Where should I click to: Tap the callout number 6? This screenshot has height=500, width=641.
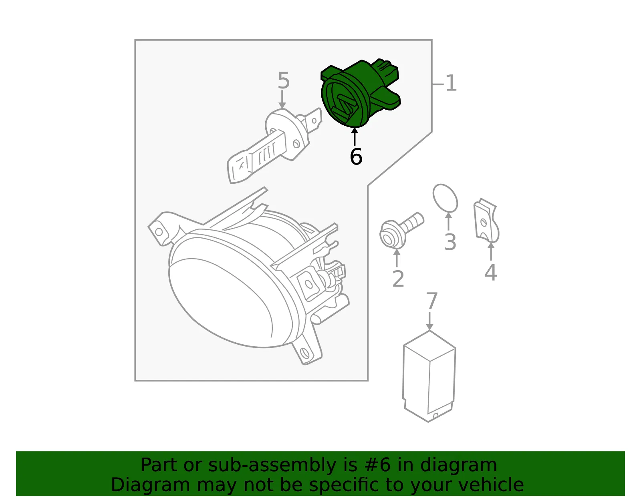tap(356, 157)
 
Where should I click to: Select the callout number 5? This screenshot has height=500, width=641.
tap(284, 80)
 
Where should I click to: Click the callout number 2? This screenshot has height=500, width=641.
tap(398, 279)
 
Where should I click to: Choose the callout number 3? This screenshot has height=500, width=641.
tap(450, 242)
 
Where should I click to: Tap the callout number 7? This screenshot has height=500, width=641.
tap(431, 301)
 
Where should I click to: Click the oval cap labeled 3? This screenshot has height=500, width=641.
tap(445, 198)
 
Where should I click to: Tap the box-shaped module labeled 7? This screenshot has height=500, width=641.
tap(429, 376)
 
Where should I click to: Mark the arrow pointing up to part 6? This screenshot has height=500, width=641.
tap(355, 136)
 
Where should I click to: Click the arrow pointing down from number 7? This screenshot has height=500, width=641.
tap(429, 321)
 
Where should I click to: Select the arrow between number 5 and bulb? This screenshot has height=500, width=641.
tap(282, 99)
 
